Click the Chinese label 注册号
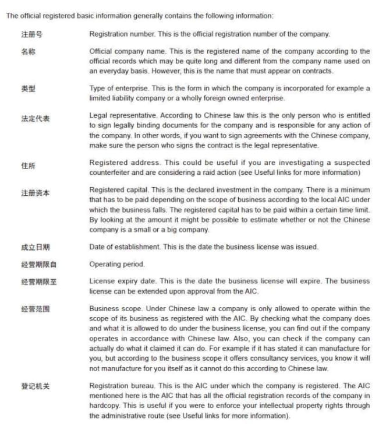click(31, 34)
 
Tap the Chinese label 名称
click(28, 52)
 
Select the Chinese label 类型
click(28, 89)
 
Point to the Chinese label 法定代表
click(36, 118)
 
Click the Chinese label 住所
click(28, 166)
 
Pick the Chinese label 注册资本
click(36, 193)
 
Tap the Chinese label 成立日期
click(36, 247)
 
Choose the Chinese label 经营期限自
click(39, 265)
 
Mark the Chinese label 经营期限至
click(39, 281)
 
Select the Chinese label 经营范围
click(36, 309)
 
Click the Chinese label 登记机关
click(36, 386)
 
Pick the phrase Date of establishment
click(124, 247)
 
